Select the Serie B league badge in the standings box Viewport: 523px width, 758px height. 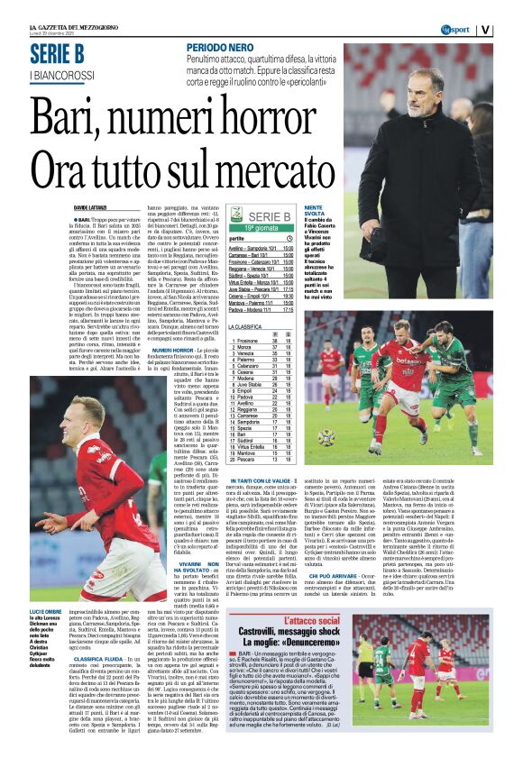pos(237,216)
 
